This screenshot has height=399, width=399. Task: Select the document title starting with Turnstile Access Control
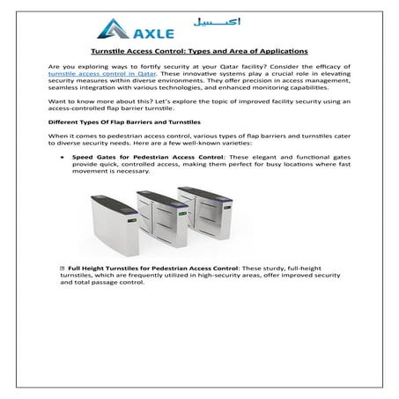(198, 53)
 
